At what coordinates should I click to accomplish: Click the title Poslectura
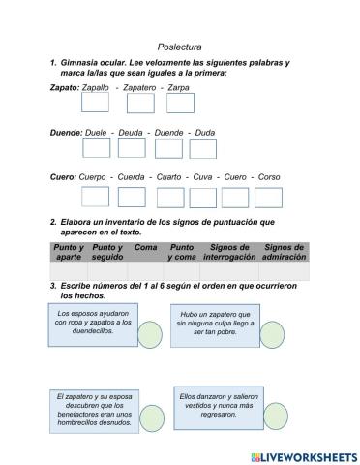[x=179, y=46]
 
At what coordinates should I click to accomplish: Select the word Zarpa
[x=178, y=88]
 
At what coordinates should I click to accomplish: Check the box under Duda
[x=202, y=148]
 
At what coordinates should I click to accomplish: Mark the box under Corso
[x=268, y=197]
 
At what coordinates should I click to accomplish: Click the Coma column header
[x=146, y=247]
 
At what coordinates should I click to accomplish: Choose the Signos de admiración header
[x=284, y=252]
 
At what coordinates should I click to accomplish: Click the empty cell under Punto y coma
[x=182, y=271]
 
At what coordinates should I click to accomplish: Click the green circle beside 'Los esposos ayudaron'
[x=150, y=334]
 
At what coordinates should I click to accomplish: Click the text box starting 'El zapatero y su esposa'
[x=93, y=410]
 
